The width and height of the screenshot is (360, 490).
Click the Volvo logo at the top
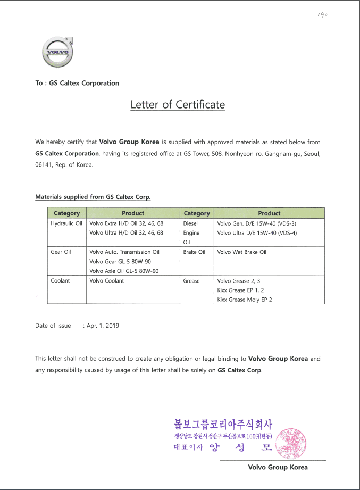click(x=56, y=52)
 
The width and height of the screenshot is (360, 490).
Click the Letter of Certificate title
click(x=178, y=104)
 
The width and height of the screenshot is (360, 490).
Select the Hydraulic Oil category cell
click(x=66, y=223)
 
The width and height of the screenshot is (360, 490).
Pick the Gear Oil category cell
click(x=61, y=252)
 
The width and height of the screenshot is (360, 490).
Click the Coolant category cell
click(x=60, y=280)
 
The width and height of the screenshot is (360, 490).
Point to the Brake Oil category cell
click(x=194, y=252)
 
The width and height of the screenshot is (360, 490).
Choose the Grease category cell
click(x=191, y=280)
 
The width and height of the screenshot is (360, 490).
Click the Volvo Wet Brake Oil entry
click(x=241, y=252)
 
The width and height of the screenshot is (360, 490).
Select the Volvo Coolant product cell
click(x=106, y=280)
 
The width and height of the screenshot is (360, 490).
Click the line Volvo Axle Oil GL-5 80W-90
click(x=124, y=271)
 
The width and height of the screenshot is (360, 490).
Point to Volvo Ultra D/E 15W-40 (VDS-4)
click(x=257, y=233)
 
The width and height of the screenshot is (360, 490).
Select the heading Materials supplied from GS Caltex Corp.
click(x=93, y=197)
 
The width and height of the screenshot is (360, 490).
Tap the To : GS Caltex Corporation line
click(x=77, y=83)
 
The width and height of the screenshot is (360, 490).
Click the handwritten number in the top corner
click(x=322, y=15)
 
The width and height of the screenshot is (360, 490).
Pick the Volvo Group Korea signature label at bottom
click(x=278, y=467)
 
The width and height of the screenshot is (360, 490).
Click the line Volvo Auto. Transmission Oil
click(x=124, y=252)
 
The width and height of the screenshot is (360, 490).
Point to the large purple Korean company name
click(x=223, y=425)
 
